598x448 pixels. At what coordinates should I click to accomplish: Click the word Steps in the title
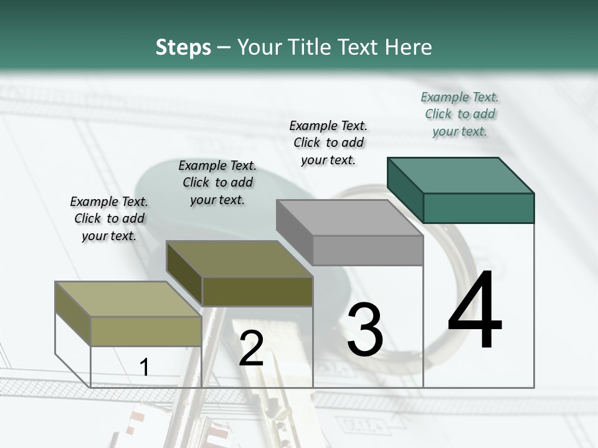tap(183, 47)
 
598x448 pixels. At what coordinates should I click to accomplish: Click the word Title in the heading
tap(312, 47)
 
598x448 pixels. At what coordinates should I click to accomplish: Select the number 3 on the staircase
tap(364, 330)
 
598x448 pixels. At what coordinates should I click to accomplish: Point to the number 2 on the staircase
tap(251, 349)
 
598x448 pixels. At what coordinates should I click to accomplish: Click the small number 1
tap(145, 367)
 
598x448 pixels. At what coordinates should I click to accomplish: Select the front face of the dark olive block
tap(257, 291)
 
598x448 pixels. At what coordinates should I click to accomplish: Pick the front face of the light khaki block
tap(146, 331)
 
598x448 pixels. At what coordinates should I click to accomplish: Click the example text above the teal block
tap(460, 114)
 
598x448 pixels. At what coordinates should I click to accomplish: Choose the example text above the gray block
tap(328, 142)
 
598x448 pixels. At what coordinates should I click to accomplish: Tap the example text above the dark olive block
tap(217, 182)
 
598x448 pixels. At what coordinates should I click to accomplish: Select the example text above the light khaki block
tap(109, 218)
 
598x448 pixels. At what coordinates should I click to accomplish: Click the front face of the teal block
tap(478, 207)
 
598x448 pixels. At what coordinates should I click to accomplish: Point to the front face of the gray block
tap(368, 250)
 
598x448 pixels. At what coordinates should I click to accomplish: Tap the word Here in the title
tap(409, 47)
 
